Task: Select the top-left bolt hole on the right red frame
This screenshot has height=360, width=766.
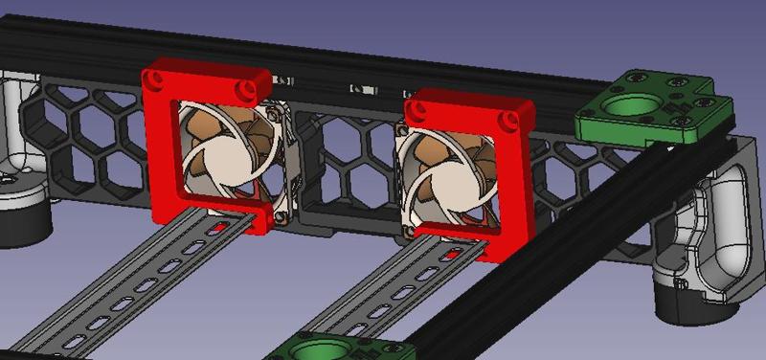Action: (414, 103)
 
